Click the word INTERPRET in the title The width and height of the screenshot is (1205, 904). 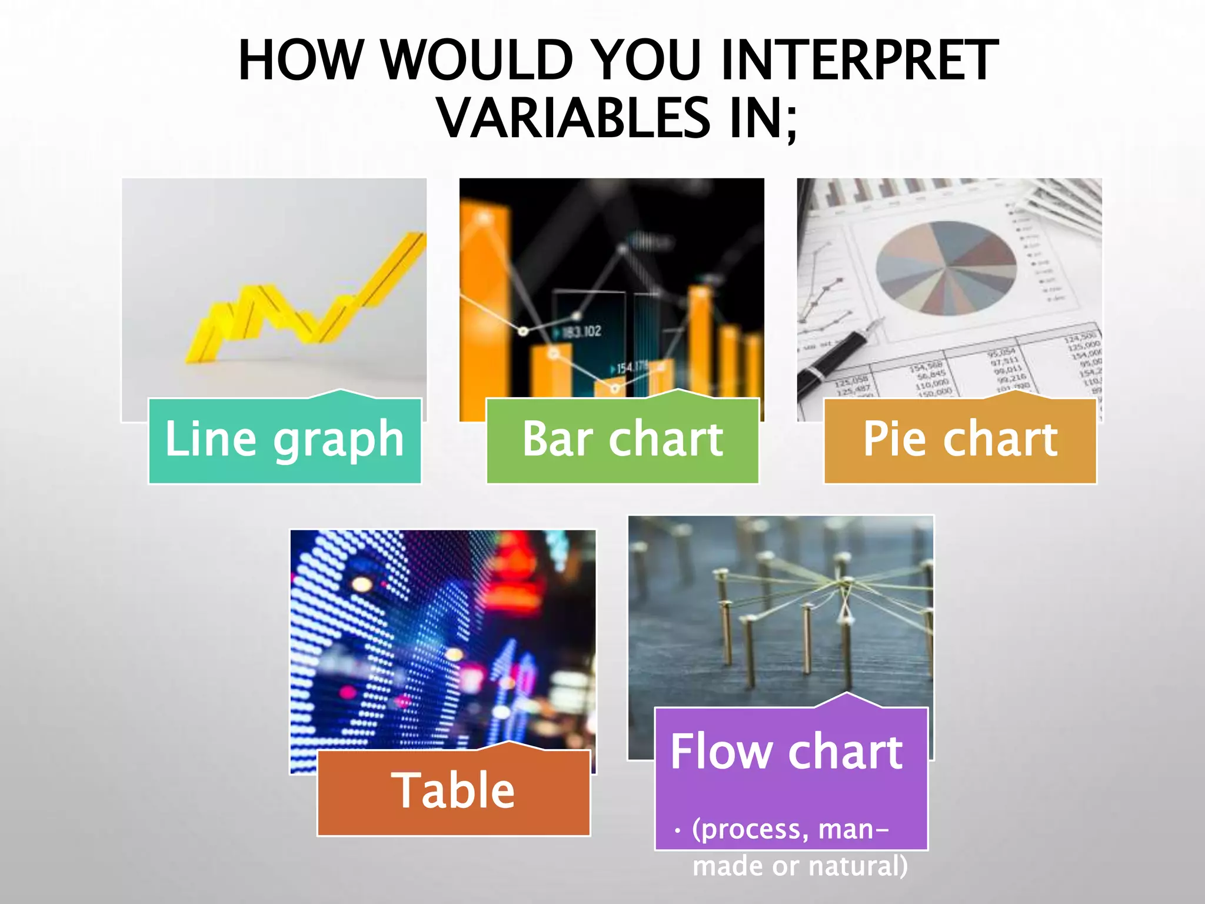(858, 60)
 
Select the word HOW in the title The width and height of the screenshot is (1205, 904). (301, 60)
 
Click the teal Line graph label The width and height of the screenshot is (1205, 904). (285, 440)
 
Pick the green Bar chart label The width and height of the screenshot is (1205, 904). (623, 440)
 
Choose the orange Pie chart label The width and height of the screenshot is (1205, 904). (960, 440)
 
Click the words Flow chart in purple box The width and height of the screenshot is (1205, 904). (787, 752)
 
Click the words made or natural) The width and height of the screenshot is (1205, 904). (800, 866)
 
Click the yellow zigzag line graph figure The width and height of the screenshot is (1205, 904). (306, 300)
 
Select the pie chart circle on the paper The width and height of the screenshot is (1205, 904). (946, 268)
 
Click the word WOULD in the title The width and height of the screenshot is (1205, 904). (477, 60)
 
